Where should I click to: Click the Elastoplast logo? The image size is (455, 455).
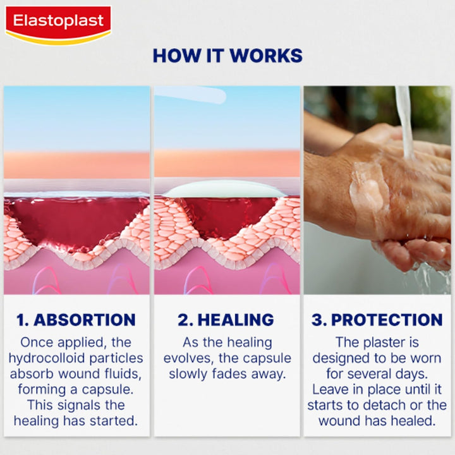(x=58, y=23)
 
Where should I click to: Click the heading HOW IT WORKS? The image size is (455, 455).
(x=227, y=56)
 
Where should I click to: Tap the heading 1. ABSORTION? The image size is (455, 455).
(x=76, y=320)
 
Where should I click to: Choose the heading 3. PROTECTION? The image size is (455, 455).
(x=377, y=320)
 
